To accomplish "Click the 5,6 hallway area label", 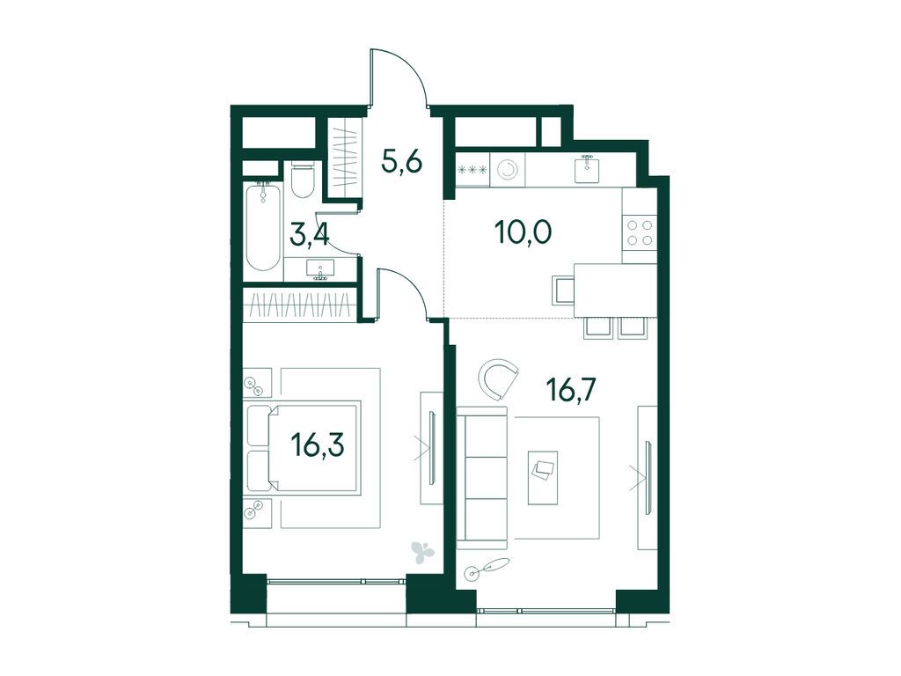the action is pos(402,163).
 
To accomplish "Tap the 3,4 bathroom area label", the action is pos(311,235).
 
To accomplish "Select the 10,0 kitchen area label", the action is pos(523,232).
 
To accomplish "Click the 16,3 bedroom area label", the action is pos(318,445).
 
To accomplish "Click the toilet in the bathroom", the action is pos(303,179).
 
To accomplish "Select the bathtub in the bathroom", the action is pos(264,226).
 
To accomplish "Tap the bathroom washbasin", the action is pos(320,269).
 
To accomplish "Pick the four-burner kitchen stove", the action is pos(640,232).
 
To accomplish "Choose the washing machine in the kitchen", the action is pos(508,170).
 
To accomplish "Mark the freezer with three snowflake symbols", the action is pos(472,170).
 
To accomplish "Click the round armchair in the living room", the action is pos(499,378).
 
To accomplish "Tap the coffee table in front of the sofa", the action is pos(542,477).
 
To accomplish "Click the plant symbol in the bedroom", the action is pos(423,551).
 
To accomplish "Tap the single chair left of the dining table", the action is pos(562,290).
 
